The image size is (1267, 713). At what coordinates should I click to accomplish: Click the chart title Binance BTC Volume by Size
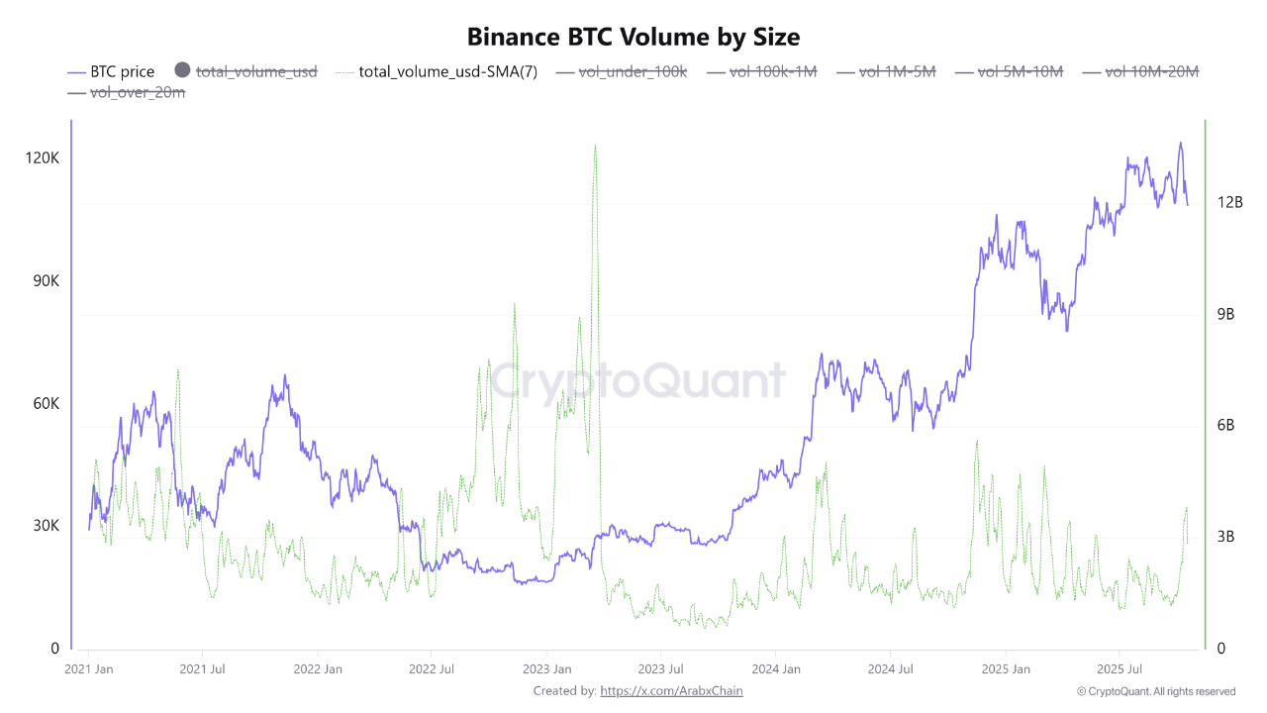coord(633,37)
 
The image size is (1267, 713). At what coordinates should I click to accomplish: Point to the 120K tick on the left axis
coord(43,158)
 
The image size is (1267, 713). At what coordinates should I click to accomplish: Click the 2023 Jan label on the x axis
coord(546,668)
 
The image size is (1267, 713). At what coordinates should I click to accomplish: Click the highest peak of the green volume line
coord(595,146)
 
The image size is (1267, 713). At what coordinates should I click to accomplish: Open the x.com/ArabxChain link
coord(671,691)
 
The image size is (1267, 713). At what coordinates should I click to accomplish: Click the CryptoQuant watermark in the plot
coord(638,381)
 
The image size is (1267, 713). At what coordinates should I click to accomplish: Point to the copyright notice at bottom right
coord(1156,691)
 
